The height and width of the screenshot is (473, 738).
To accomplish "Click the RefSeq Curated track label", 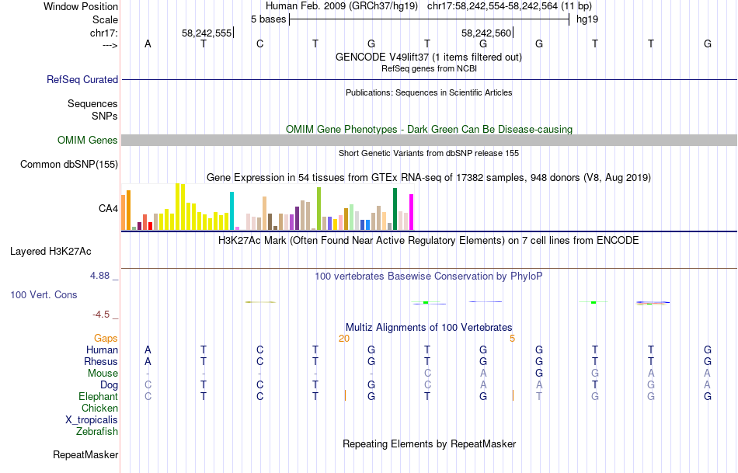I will tap(82, 79).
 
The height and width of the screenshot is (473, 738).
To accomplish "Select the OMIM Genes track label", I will tap(88, 141).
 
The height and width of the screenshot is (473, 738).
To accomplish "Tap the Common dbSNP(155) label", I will tap(69, 164).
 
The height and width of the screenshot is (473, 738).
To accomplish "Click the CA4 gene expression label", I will tap(108, 208).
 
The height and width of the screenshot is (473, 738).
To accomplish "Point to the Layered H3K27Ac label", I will tap(50, 251).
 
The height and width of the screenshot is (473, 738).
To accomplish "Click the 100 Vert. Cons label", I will tap(44, 295).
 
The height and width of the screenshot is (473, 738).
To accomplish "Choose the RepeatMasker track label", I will tap(85, 454).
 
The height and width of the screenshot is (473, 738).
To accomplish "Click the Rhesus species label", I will tap(102, 361).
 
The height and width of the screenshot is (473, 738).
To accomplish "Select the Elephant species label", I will tap(99, 396).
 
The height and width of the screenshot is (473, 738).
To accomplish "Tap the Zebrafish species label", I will tap(97, 431).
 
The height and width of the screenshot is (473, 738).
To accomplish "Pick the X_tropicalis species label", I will tap(92, 419).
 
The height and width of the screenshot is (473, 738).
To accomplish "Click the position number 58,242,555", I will tap(207, 33).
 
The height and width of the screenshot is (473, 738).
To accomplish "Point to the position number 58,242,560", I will tap(486, 33).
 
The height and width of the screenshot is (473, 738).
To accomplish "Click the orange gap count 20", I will tap(344, 339).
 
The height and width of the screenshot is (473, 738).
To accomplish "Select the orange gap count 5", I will tap(512, 339).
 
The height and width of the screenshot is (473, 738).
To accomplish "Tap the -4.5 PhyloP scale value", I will tap(102, 315).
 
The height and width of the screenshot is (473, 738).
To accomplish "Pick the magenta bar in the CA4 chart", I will tap(411, 210).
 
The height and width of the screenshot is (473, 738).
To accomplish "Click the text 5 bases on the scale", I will tap(268, 19).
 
